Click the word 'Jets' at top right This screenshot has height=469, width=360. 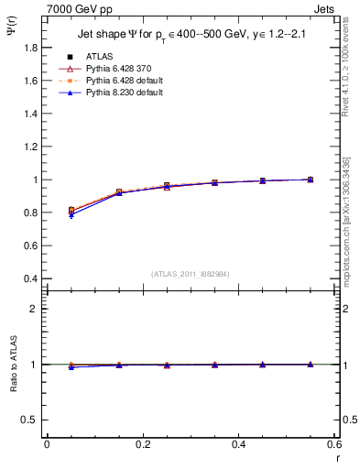click(x=323, y=7)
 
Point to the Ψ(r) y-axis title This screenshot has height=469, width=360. click(x=10, y=35)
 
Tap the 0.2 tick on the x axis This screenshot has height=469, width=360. click(x=142, y=444)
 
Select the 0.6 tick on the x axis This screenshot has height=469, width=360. click(x=333, y=444)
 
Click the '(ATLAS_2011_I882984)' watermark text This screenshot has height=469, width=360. click(x=191, y=273)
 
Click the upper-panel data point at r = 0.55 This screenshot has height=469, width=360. click(x=311, y=180)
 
